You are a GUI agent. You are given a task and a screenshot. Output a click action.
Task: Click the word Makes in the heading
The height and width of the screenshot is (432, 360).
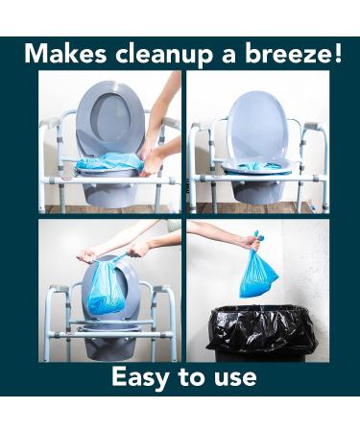65,53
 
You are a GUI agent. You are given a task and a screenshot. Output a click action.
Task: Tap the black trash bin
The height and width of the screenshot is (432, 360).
262,333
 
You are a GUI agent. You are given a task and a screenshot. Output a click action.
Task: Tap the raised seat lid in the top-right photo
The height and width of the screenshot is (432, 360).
257,125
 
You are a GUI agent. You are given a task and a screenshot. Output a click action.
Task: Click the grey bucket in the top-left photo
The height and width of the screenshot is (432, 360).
110,190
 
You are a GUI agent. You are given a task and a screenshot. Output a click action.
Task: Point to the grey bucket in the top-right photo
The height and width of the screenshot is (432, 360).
255,189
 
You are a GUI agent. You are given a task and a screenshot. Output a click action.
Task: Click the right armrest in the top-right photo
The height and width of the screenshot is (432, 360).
314,127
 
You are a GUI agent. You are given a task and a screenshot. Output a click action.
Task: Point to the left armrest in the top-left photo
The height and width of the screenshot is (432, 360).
50,123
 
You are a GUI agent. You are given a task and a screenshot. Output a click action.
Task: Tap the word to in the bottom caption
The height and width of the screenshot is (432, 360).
192,377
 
